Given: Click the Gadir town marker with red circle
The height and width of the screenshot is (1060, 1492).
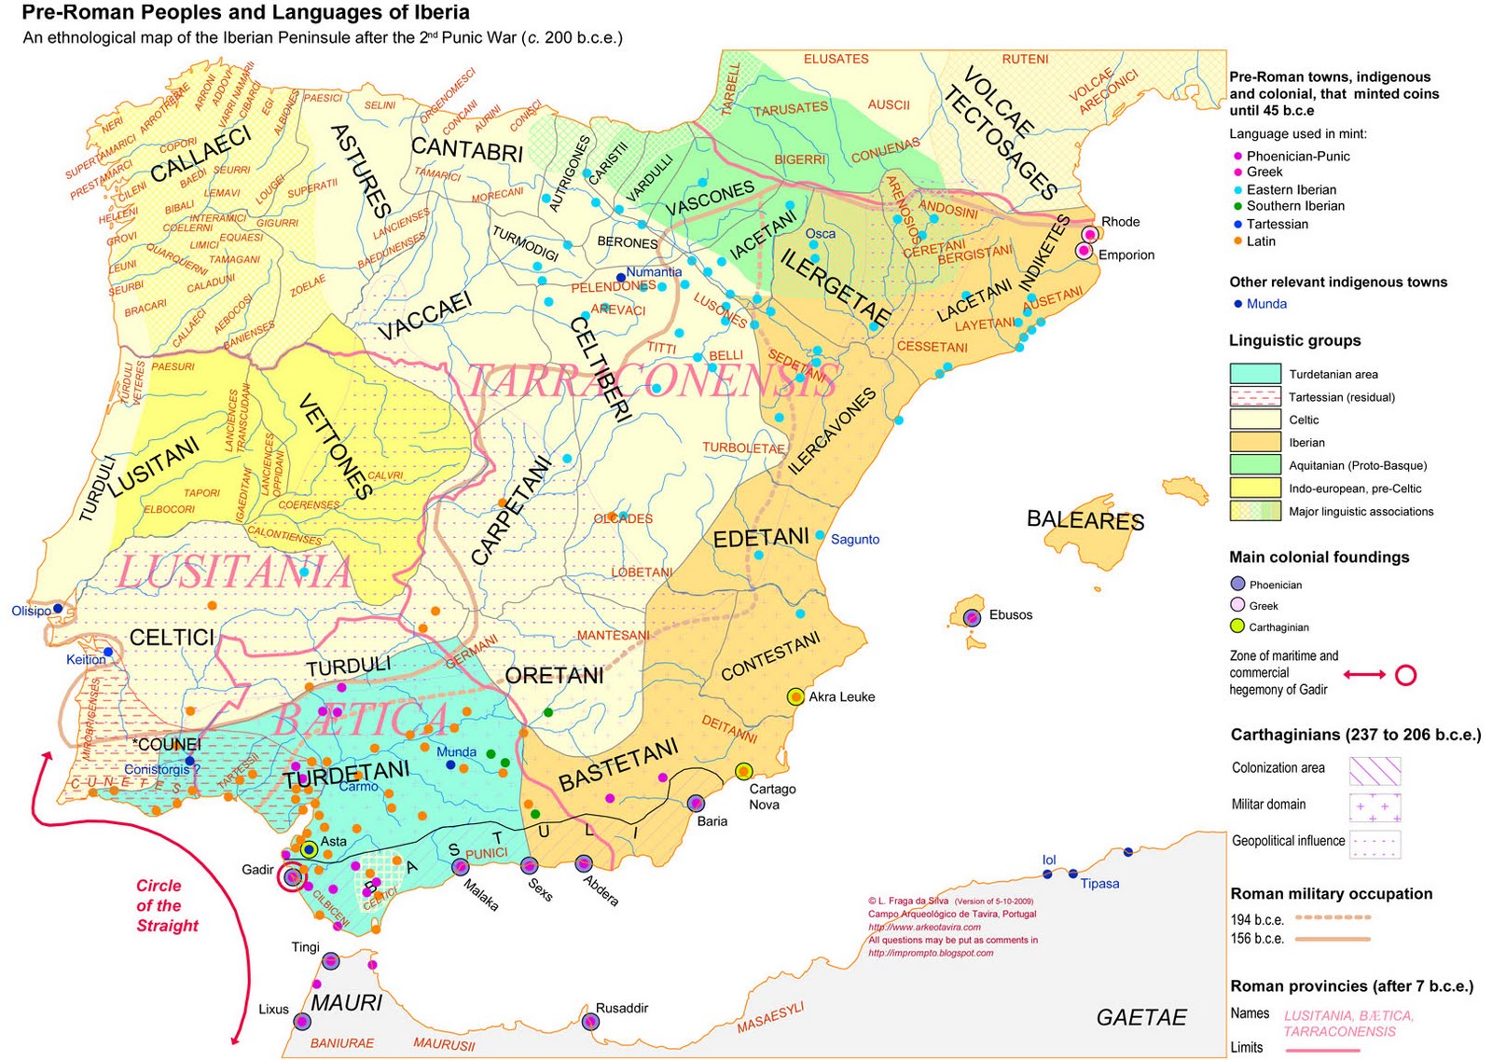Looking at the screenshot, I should [x=292, y=876].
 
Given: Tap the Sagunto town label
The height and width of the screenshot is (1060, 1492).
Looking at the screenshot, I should [x=854, y=539].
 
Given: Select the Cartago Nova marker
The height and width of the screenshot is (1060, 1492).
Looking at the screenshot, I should [x=743, y=771].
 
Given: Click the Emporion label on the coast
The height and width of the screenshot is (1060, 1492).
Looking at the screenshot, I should [x=1126, y=255].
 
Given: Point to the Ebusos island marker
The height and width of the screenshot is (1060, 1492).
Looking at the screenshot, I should [x=972, y=617].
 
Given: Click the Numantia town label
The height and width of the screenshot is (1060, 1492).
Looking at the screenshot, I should [x=653, y=272].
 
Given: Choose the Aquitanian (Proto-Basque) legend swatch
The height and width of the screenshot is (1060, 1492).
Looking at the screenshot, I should [x=1254, y=464].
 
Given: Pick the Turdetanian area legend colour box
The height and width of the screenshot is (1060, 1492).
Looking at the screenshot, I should [x=1254, y=373].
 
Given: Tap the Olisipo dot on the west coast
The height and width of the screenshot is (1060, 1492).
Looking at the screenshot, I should [x=58, y=608].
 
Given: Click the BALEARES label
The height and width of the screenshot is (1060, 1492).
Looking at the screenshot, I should [x=1084, y=519].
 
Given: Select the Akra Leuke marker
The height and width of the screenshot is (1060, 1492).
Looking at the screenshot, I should [x=794, y=696].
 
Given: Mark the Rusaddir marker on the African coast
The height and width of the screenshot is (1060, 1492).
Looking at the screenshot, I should [x=589, y=1022].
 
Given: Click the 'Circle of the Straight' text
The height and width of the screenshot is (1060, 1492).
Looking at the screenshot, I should [x=167, y=905].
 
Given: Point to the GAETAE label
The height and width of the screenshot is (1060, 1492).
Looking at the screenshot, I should [x=1140, y=1017].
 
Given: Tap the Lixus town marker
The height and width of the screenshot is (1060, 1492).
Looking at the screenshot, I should [x=301, y=1022].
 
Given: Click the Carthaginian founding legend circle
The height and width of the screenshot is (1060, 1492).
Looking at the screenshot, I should [x=1237, y=626].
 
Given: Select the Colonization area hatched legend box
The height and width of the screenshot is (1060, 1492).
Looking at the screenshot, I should [x=1375, y=770].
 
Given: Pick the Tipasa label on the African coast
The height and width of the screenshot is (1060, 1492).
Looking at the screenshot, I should [x=1099, y=883].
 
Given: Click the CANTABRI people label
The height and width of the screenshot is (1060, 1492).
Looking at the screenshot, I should [x=466, y=148].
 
